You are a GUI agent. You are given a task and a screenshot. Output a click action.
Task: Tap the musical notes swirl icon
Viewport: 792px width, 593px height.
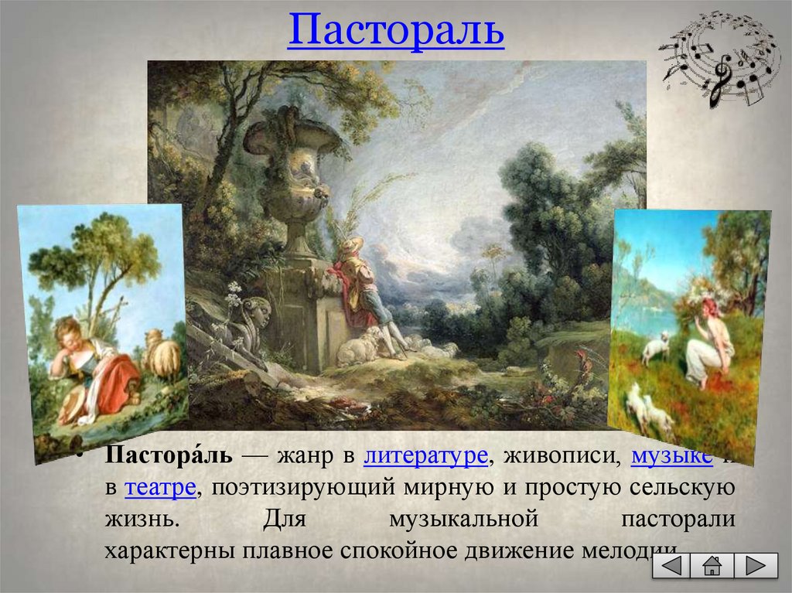click(x=719, y=58)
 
